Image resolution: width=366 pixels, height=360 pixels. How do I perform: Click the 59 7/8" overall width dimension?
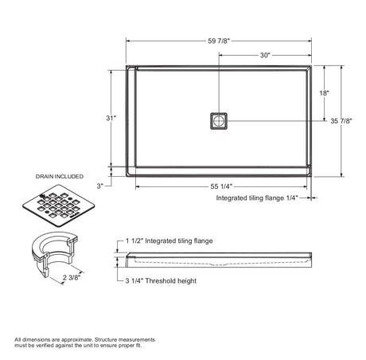[x=219, y=41]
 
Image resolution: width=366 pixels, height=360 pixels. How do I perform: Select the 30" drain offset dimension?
[x=265, y=55]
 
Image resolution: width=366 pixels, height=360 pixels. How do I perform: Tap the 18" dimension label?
[x=324, y=93]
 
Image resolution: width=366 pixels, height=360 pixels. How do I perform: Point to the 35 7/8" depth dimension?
[x=341, y=121]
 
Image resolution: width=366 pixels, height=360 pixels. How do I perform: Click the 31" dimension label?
[x=111, y=118]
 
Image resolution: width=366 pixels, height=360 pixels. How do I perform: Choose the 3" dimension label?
[x=99, y=186]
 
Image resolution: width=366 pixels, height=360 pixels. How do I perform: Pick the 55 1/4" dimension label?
[x=221, y=186]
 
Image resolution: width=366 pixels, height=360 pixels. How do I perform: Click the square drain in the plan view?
[x=219, y=121]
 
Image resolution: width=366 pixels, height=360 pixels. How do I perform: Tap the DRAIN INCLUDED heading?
[x=60, y=176]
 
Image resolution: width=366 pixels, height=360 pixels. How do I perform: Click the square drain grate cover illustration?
[x=58, y=205]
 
